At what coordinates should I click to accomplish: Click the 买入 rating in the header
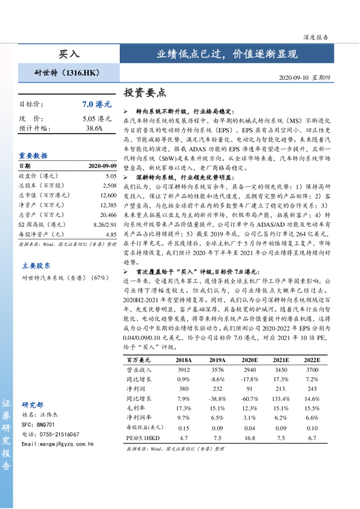click(68, 54)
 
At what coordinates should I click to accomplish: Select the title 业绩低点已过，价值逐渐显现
click(227, 54)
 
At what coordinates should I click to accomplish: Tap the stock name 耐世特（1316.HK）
click(67, 73)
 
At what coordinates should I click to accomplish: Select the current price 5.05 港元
click(97, 118)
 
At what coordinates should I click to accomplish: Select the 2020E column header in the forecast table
click(249, 360)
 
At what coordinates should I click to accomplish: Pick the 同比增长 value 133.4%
click(281, 399)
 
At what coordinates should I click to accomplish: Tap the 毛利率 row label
click(136, 409)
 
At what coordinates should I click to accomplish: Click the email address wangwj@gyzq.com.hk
click(58, 444)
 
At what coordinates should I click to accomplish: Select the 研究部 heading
click(33, 404)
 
